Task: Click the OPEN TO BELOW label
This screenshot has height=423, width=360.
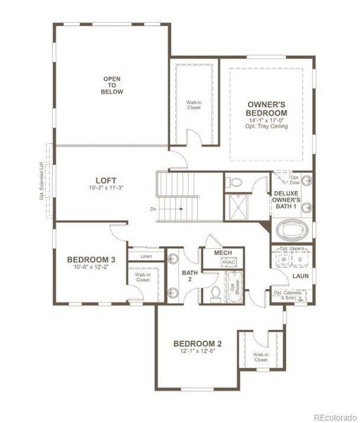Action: pyautogui.click(x=112, y=85)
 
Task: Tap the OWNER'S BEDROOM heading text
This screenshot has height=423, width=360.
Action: pyautogui.click(x=267, y=109)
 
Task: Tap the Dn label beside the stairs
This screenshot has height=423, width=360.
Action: pyautogui.click(x=154, y=209)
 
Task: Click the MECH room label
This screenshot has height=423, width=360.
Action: pyautogui.click(x=213, y=252)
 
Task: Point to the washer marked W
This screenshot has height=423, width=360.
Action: pyautogui.click(x=284, y=259)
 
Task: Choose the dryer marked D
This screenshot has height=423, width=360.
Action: pyautogui.click(x=299, y=259)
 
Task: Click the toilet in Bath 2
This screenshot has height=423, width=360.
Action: pyautogui.click(x=216, y=291)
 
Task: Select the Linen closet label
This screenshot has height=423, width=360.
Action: pyautogui.click(x=147, y=256)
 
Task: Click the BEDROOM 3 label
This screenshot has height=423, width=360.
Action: pyautogui.click(x=92, y=259)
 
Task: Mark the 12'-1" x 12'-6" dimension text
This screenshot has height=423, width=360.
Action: pyautogui.click(x=198, y=352)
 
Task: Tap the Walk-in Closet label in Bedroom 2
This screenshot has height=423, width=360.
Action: pyautogui.click(x=261, y=357)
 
